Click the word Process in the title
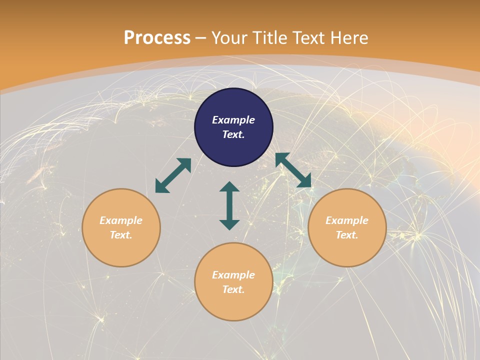(157, 38)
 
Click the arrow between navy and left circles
(173, 175)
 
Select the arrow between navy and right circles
(293, 170)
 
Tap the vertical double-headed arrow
(229, 205)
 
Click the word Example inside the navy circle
(233, 120)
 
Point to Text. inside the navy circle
(233, 134)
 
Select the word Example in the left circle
(121, 220)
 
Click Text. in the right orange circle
(347, 235)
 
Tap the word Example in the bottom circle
(233, 275)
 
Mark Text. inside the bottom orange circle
(233, 289)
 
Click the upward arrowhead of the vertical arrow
(229, 187)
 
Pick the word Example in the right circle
(347, 220)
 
